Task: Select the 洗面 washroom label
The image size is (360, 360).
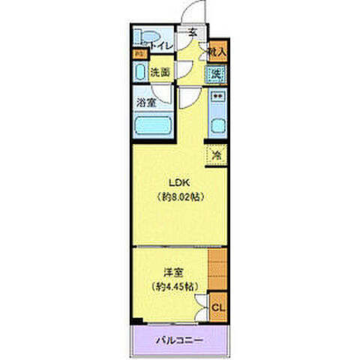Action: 160,73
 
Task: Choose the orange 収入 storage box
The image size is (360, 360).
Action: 216,51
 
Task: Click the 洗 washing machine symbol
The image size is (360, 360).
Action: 216,73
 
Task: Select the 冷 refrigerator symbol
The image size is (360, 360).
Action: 216,155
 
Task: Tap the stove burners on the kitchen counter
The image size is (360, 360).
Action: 217,97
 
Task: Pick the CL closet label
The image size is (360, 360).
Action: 217,307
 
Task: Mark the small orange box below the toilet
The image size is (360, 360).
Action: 138,53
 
